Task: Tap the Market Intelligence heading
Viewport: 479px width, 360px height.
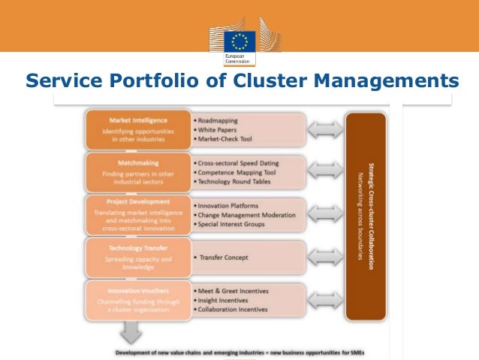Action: [x=138, y=120]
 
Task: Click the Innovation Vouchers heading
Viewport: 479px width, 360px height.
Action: [x=138, y=289]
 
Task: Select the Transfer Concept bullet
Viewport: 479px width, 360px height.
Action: [x=225, y=257]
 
